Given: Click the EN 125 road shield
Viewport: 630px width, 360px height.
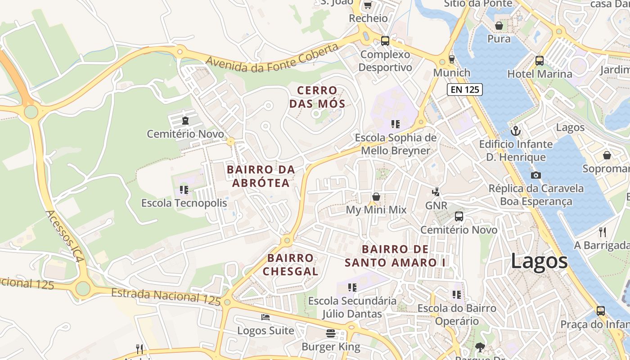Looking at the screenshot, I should (465, 90).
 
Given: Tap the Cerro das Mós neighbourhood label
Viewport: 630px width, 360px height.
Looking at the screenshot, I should (317, 97).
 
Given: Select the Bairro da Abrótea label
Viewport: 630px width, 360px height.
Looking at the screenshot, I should (261, 176).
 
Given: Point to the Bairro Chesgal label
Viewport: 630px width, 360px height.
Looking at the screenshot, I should (291, 265).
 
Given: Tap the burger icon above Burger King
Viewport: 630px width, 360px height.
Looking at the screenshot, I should (331, 333).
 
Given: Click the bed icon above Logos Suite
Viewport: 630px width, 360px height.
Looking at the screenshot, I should (265, 317).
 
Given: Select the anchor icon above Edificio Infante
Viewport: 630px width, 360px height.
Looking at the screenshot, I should (516, 131).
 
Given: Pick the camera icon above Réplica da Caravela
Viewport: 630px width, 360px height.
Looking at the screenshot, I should (535, 175).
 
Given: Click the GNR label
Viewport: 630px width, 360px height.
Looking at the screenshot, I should (436, 206).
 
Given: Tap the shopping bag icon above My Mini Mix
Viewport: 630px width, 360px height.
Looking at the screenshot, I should (376, 197).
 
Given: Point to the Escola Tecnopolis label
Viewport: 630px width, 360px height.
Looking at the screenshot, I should (184, 203).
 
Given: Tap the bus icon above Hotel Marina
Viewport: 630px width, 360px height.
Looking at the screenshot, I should (540, 60).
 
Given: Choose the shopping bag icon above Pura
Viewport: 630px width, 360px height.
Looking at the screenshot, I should (499, 26).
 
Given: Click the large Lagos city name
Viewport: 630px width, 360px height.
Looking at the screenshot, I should (539, 261).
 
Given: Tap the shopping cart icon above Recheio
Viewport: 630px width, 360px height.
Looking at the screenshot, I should (368, 5).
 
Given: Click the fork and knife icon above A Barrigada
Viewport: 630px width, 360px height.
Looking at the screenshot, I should (603, 232).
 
